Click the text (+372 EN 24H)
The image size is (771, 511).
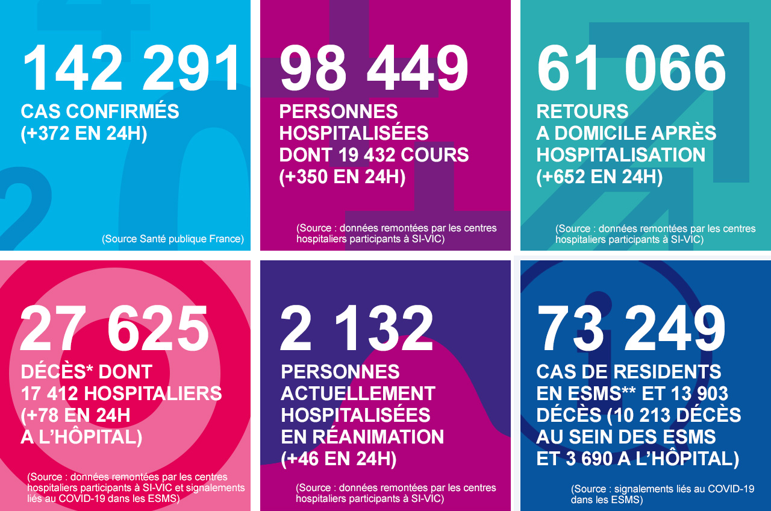click(x=84, y=133)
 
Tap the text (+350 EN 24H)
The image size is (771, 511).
click(x=342, y=177)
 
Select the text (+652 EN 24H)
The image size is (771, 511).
click(x=599, y=177)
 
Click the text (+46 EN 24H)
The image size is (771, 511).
click(x=339, y=459)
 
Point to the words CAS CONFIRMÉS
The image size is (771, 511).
click(x=100, y=111)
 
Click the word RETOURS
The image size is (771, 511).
click(x=582, y=111)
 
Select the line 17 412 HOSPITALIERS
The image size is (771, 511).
click(x=121, y=393)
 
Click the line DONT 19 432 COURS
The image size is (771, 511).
click(x=374, y=155)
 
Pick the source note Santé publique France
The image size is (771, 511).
click(x=173, y=239)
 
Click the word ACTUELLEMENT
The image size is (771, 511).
click(x=358, y=393)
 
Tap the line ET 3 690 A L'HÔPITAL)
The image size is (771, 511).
click(x=638, y=459)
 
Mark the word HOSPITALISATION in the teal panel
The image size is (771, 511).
click(x=621, y=155)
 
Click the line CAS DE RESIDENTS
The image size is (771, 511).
click(x=629, y=372)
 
